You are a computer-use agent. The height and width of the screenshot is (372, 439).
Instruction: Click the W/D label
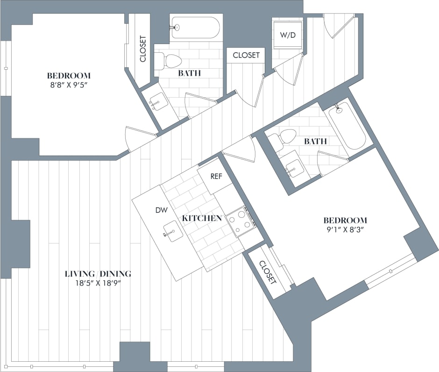[x=288, y=35]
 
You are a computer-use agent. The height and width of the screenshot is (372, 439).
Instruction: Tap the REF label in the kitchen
[x=216, y=177]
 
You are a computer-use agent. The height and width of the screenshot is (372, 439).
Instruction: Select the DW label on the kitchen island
[x=161, y=210]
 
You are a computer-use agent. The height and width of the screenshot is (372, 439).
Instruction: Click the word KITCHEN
[x=202, y=218]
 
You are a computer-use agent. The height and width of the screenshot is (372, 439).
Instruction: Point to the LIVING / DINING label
[x=98, y=273]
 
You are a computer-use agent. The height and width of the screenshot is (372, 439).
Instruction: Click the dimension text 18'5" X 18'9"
[x=98, y=283]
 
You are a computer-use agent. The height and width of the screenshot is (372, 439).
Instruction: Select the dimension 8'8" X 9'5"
[x=69, y=85]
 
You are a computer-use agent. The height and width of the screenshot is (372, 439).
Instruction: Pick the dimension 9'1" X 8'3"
[x=345, y=229]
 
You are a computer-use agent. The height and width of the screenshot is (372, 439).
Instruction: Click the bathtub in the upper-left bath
[x=195, y=28]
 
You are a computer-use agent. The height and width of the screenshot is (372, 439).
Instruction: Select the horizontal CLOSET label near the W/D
[x=246, y=55]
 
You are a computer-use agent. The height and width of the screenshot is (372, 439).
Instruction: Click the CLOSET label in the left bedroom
[x=143, y=49]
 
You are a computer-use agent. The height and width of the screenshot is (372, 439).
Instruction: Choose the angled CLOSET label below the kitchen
[x=268, y=272]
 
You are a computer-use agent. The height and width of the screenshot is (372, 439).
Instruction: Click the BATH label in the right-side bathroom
[x=315, y=141]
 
